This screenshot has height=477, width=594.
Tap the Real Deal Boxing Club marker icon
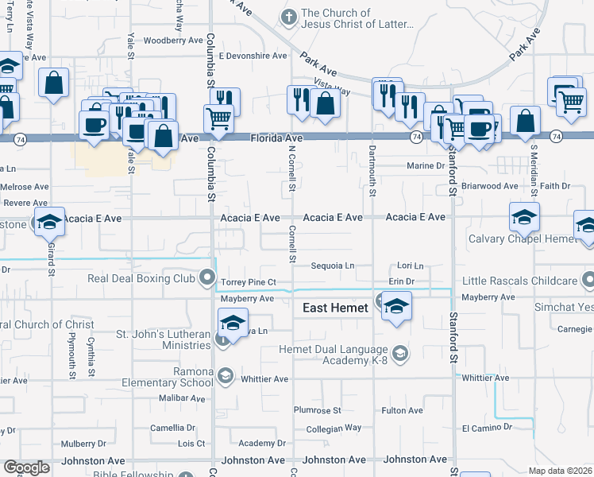[208, 278]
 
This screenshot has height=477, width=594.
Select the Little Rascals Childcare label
[520, 281]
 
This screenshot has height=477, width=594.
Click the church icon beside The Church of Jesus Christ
[289, 17]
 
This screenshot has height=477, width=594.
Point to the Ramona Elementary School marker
[226, 376]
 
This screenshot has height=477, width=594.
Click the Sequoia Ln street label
[332, 266]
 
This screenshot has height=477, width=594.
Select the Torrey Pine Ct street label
[249, 282]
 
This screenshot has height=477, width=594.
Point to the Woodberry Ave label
[174, 40]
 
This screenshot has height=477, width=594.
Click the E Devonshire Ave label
[253, 56]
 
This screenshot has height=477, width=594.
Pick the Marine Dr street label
[426, 166]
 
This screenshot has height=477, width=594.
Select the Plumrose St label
[317, 410]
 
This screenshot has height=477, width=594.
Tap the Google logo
[26, 467]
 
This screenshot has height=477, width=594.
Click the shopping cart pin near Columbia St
[218, 119]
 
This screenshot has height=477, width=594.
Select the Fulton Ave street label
[402, 410]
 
